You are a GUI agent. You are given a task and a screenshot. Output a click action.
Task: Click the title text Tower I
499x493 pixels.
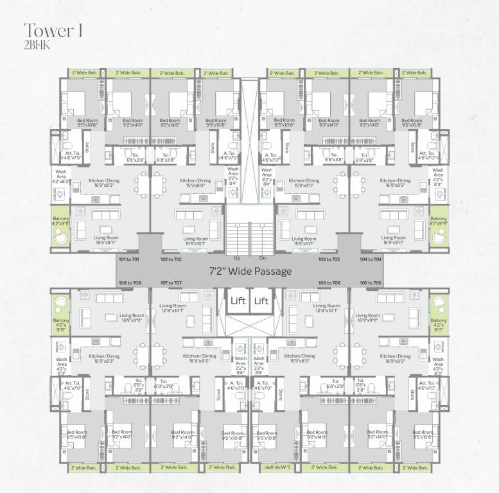coord(52,30)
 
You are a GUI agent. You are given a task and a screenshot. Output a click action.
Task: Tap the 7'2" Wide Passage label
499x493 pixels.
coord(250,271)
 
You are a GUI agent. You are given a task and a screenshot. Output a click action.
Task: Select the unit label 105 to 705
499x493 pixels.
coord(371,282)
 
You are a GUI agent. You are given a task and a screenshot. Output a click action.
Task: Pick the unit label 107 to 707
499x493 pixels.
coord(171,282)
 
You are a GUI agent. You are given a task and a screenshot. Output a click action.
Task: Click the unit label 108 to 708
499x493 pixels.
coord(129,282)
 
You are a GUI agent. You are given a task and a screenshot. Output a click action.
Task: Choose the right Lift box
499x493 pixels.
coord(261,300)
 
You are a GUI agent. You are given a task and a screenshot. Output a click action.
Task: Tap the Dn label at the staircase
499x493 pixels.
coord(262,257)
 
